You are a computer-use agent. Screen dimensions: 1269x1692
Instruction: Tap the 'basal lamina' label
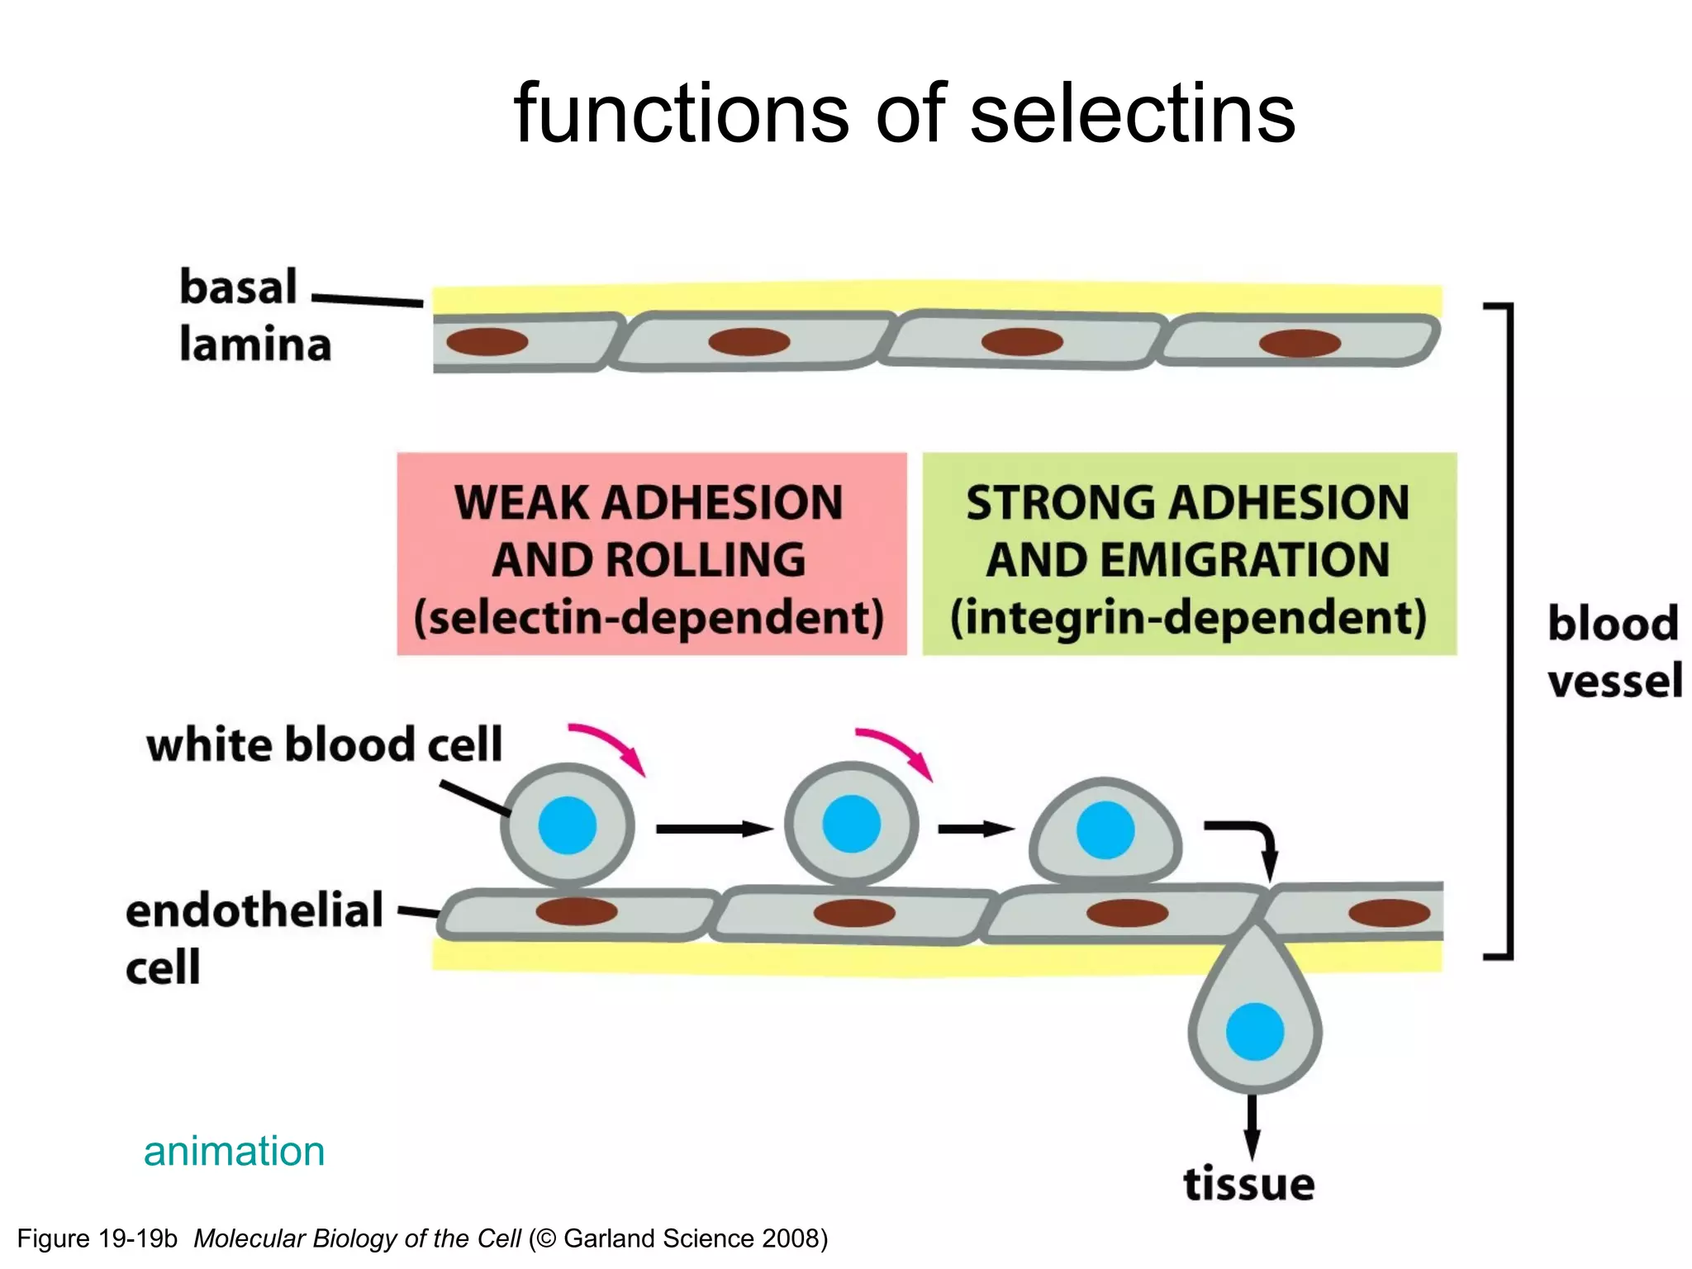pyautogui.click(x=254, y=316)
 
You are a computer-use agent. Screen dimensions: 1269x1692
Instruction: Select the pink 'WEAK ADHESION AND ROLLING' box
pyautogui.click(x=651, y=554)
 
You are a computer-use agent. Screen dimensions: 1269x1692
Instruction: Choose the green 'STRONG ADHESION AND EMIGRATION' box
pyautogui.click(x=1189, y=554)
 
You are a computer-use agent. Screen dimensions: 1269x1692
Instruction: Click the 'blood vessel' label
pyautogui.click(x=1613, y=651)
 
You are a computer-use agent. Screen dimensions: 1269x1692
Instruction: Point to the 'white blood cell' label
pyautogui.click(x=324, y=744)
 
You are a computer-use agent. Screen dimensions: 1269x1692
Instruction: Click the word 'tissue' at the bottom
pyautogui.click(x=1248, y=1184)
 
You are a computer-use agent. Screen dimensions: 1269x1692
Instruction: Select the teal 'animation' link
pyautogui.click(x=234, y=1151)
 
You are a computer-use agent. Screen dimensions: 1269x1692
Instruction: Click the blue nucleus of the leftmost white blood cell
pyautogui.click(x=568, y=825)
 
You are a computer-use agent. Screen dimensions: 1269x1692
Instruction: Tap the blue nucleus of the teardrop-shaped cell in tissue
pyautogui.click(x=1254, y=1031)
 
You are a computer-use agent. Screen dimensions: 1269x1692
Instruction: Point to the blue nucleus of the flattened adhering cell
pyautogui.click(x=1105, y=829)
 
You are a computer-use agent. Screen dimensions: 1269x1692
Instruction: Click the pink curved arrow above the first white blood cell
pyautogui.click(x=608, y=746)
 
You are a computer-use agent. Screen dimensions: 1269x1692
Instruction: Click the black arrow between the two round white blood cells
pyautogui.click(x=714, y=828)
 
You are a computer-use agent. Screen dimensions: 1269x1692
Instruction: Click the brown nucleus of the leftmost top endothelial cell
pyautogui.click(x=487, y=341)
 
